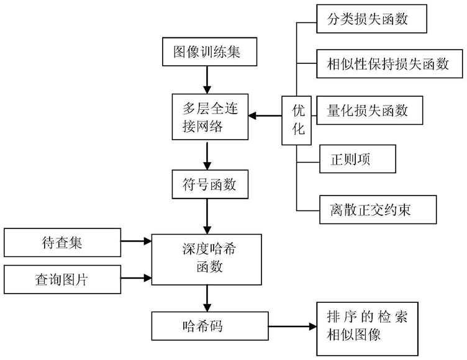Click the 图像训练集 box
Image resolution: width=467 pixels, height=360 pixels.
click(x=209, y=52)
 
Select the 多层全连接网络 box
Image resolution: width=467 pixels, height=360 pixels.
click(x=210, y=117)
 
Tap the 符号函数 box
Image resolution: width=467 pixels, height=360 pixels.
click(x=210, y=184)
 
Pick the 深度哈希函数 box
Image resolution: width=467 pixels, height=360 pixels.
click(x=207, y=259)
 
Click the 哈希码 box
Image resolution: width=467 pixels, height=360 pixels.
click(x=210, y=326)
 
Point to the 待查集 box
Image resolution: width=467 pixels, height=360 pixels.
click(x=62, y=243)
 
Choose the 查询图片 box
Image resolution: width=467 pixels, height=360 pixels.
click(x=62, y=279)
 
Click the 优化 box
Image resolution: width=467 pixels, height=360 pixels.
click(x=297, y=120)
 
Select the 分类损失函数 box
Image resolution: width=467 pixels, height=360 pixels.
click(x=372, y=19)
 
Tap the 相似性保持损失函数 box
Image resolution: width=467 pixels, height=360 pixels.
click(x=389, y=64)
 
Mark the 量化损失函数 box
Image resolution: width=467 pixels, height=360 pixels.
click(x=370, y=110)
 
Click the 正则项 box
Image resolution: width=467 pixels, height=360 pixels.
click(x=358, y=159)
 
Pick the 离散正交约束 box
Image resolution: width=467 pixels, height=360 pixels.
click(x=378, y=210)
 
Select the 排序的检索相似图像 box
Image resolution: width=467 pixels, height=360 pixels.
click(x=368, y=329)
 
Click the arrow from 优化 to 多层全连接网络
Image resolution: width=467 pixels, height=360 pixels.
click(x=265, y=115)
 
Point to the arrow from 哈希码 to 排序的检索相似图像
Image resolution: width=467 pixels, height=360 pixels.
click(x=292, y=326)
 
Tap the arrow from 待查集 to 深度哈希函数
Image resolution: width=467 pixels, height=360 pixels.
click(x=136, y=241)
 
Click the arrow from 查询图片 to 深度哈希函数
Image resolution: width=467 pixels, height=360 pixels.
click(x=136, y=278)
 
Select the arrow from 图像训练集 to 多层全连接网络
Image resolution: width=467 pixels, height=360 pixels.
click(x=207, y=80)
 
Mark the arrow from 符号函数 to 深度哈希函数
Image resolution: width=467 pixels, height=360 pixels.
click(x=207, y=217)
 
